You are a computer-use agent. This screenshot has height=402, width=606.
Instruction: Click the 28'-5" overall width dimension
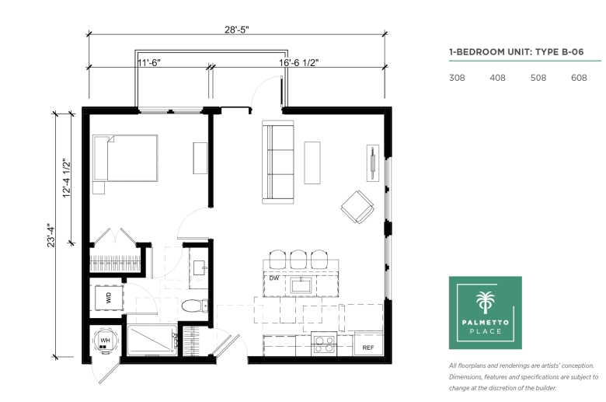tap(236, 30)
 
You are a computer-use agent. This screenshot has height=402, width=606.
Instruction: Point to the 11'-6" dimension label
tap(149, 63)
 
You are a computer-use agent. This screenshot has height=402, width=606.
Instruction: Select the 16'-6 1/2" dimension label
tap(299, 63)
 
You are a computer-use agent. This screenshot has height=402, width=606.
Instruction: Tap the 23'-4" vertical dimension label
tap(51, 235)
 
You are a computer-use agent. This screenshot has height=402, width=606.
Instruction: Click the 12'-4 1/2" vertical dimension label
tap(68, 178)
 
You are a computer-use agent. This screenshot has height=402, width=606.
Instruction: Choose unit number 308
tap(457, 78)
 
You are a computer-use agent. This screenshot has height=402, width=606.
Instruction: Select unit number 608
tap(579, 78)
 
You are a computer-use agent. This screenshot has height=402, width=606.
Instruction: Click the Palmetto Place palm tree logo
tap(485, 313)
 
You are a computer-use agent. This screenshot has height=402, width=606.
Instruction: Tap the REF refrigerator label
tap(368, 348)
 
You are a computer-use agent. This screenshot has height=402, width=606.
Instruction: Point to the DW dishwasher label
tap(274, 278)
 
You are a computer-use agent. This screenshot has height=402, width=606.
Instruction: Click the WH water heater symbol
tap(105, 341)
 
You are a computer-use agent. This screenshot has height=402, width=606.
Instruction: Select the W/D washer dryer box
tap(109, 298)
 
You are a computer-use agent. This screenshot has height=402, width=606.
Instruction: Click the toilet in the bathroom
tap(195, 306)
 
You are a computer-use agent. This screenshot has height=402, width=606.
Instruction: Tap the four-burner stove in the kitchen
tap(324, 344)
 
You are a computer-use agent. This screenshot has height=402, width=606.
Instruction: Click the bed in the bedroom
tap(125, 159)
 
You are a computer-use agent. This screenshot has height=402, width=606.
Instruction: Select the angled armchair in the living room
tap(357, 207)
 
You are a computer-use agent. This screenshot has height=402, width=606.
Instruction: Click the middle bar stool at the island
tap(298, 259)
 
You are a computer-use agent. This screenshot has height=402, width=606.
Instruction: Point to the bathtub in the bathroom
tap(152, 340)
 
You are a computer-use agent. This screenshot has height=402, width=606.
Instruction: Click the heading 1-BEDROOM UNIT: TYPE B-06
tap(517, 52)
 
